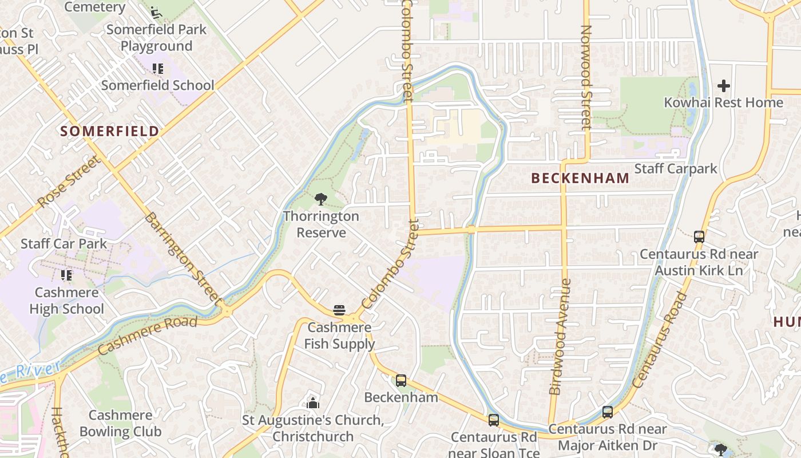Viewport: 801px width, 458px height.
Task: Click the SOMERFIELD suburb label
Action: pyautogui.click(x=110, y=131)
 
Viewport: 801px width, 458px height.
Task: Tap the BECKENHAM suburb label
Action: pyautogui.click(x=580, y=178)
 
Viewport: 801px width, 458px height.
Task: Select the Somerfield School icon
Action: pyautogui.click(x=157, y=69)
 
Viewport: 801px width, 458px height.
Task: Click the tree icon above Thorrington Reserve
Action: pyautogui.click(x=320, y=199)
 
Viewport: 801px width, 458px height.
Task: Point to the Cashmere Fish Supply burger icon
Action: pyautogui.click(x=339, y=310)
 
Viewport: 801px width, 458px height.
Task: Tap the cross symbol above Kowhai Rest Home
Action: pyautogui.click(x=723, y=86)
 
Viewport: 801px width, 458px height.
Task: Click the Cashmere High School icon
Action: pyautogui.click(x=66, y=275)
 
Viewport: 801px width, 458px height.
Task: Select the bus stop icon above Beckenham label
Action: pyautogui.click(x=401, y=380)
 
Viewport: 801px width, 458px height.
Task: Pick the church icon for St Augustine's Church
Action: pyautogui.click(x=312, y=403)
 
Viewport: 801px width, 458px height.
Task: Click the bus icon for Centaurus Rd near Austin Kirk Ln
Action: pyautogui.click(x=699, y=236)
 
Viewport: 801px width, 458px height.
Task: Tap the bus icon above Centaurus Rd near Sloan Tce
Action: pyautogui.click(x=494, y=420)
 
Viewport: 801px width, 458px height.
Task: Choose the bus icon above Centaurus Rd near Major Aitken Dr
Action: pyautogui.click(x=608, y=412)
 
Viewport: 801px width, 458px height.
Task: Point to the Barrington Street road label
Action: pyautogui.click(x=182, y=257)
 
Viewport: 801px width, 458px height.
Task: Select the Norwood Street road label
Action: pyautogui.click(x=585, y=78)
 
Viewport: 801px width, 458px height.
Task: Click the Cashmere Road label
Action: pyautogui.click(x=148, y=335)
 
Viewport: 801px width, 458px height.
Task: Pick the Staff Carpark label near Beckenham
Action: pyautogui.click(x=676, y=168)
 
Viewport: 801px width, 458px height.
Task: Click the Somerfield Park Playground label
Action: pyautogui.click(x=156, y=38)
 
